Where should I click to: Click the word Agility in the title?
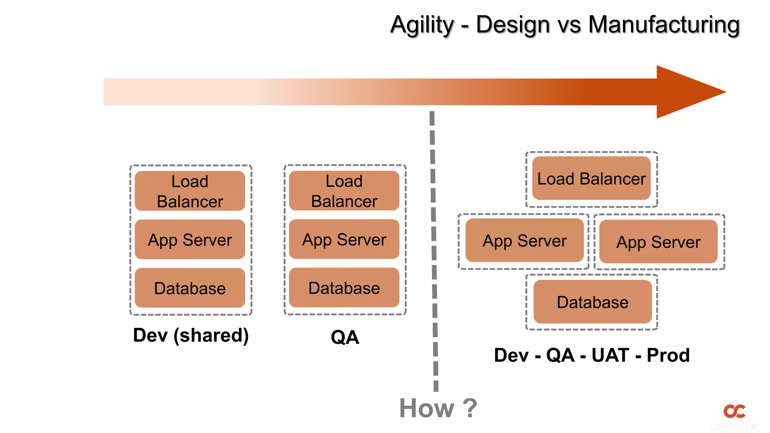pos(422,25)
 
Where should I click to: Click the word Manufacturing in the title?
pos(664,25)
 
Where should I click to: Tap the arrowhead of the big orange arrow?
pos(688,92)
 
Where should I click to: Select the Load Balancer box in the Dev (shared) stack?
pos(190,191)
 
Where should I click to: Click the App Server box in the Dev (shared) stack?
pos(190,239)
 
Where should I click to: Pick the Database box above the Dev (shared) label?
pos(190,288)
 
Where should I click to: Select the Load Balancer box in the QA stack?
pos(344,191)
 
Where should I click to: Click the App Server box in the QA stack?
pos(344,239)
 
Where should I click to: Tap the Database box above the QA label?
pos(344,288)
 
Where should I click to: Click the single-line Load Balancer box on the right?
pos(591,178)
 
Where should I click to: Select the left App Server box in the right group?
pos(524,241)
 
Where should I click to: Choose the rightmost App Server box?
pos(658,242)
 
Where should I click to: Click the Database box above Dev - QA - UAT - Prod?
pos(593,302)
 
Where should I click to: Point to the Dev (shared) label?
pos(191,335)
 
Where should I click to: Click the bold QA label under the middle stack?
pos(345,337)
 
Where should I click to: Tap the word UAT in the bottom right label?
pos(610,355)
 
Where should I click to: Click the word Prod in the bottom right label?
pos(668,355)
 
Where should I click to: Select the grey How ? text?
pos(438,408)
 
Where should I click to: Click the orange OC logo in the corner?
pos(734,411)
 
